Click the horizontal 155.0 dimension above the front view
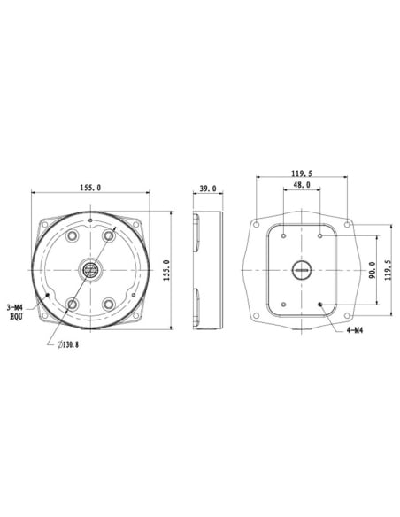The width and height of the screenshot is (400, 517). tap(90, 188)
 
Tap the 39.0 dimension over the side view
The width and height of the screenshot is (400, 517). tap(209, 188)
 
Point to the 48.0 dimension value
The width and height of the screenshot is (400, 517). tap(302, 186)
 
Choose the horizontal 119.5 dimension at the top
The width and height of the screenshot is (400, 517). tap(303, 173)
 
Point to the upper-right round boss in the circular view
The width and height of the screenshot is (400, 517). tap(110, 235)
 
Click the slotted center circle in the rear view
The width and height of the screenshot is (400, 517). tap(302, 270)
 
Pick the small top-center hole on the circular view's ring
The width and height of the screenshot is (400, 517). tap(90, 220)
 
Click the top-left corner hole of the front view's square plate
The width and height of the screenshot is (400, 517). tap(43, 221)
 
